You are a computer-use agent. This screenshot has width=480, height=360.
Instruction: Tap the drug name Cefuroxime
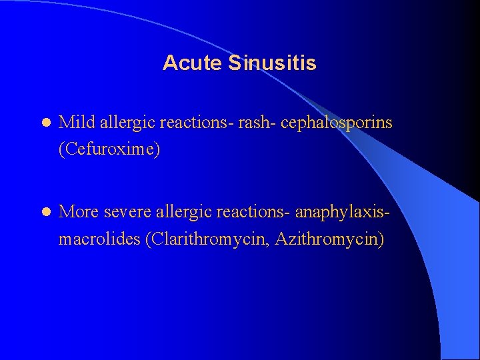point(109,149)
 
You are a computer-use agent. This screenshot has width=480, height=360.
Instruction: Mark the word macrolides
point(99,239)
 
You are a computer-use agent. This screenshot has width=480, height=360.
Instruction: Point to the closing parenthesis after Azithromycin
point(381,239)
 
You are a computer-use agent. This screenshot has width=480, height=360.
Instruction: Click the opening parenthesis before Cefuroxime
point(62,149)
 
